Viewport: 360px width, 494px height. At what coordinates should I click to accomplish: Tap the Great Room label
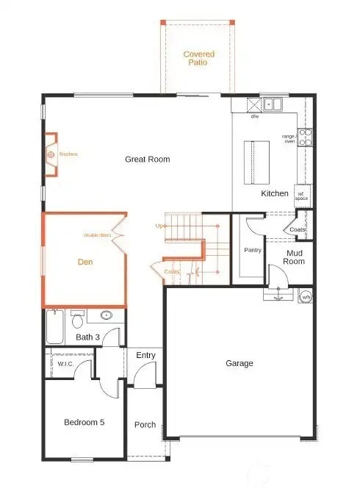tap(147, 159)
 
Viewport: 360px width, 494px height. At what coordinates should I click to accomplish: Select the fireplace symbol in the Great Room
tap(51, 155)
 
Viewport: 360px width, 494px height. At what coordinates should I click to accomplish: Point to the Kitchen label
tap(275, 193)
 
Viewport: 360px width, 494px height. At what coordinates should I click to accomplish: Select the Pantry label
tap(253, 250)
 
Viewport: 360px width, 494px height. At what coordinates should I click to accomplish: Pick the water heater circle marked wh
tap(306, 296)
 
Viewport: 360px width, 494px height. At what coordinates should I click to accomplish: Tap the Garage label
tap(240, 363)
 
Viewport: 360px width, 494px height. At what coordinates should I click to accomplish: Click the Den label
tap(85, 261)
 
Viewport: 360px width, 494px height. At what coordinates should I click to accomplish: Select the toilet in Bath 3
tap(77, 321)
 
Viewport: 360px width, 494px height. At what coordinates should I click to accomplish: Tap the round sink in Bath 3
tap(107, 316)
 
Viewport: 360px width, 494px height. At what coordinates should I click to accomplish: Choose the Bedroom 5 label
tap(84, 423)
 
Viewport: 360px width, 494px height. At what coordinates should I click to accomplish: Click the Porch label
tap(145, 424)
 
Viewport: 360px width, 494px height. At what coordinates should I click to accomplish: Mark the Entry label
tap(146, 356)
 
